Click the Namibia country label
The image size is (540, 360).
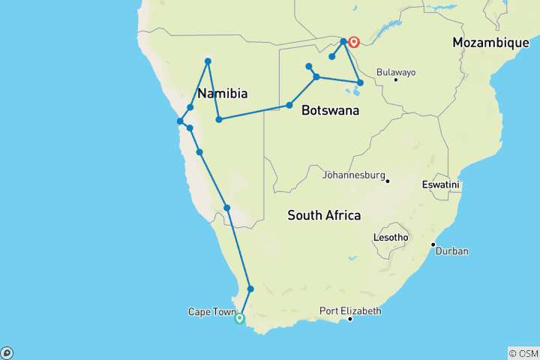pyautogui.click(x=222, y=94)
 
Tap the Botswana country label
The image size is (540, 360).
pyautogui.click(x=329, y=110)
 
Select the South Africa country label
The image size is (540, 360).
pyautogui.click(x=324, y=215)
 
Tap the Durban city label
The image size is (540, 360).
pyautogui.click(x=452, y=251)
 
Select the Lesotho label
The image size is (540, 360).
pyautogui.click(x=391, y=238)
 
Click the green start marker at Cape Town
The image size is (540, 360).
pyautogui.click(x=240, y=319)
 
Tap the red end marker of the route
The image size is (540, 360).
pyautogui.click(x=353, y=43)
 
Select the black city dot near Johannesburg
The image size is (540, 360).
pyautogui.click(x=388, y=180)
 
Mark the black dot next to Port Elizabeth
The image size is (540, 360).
pyautogui.click(x=350, y=319)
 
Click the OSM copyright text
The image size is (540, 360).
pyautogui.click(x=523, y=353)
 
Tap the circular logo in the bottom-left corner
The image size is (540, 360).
pyautogui.click(x=7, y=353)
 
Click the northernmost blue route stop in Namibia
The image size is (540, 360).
pyautogui.click(x=208, y=61)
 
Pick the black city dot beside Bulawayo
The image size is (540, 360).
pyautogui.click(x=395, y=79)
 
